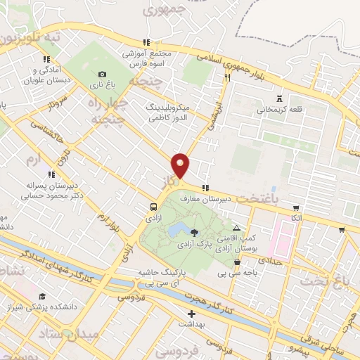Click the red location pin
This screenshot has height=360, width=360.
181,165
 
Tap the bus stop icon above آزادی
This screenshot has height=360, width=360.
153,207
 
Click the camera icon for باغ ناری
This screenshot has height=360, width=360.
102,75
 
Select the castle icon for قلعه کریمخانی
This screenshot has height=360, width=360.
281,98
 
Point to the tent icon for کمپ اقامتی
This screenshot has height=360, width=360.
236,227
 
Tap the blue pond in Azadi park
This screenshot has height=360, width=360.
178,229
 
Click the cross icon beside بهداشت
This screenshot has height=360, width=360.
191,314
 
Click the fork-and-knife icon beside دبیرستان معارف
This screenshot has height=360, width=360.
205,188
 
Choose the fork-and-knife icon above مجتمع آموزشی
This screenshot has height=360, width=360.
146,42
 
